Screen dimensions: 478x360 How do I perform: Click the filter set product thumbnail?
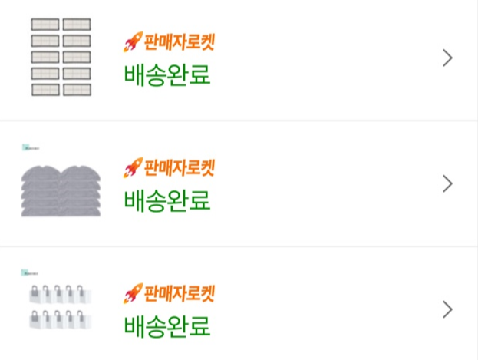tap(61, 58)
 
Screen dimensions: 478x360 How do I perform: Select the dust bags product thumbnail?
tap(61, 308)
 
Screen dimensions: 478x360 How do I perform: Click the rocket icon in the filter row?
tap(132, 42)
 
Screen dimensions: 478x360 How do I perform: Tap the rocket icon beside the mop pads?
tap(132, 168)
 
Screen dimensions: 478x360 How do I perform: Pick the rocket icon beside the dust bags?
tap(132, 294)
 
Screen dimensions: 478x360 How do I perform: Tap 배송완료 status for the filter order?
tap(166, 75)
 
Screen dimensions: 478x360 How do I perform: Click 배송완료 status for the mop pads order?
tap(166, 201)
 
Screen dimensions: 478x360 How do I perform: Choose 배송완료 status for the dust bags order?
tap(166, 327)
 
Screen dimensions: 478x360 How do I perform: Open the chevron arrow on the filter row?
tap(448, 58)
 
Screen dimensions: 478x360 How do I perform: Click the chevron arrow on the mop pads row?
tap(448, 184)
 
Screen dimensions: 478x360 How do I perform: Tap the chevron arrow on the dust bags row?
tap(448, 309)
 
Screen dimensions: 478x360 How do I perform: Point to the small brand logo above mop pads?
tap(31, 147)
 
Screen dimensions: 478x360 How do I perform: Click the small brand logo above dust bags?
tap(31, 272)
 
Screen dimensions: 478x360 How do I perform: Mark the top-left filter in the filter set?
tap(45, 24)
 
